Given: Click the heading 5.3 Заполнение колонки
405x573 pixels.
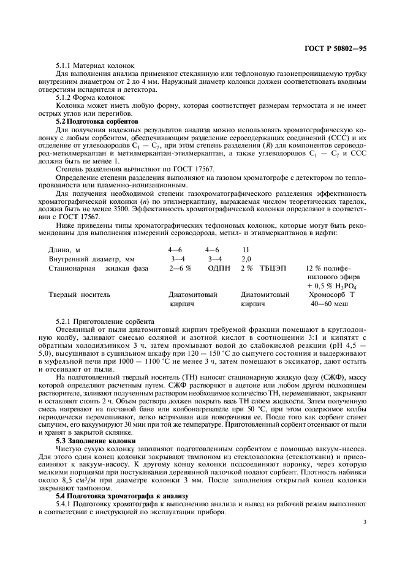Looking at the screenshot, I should coord(93,441).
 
